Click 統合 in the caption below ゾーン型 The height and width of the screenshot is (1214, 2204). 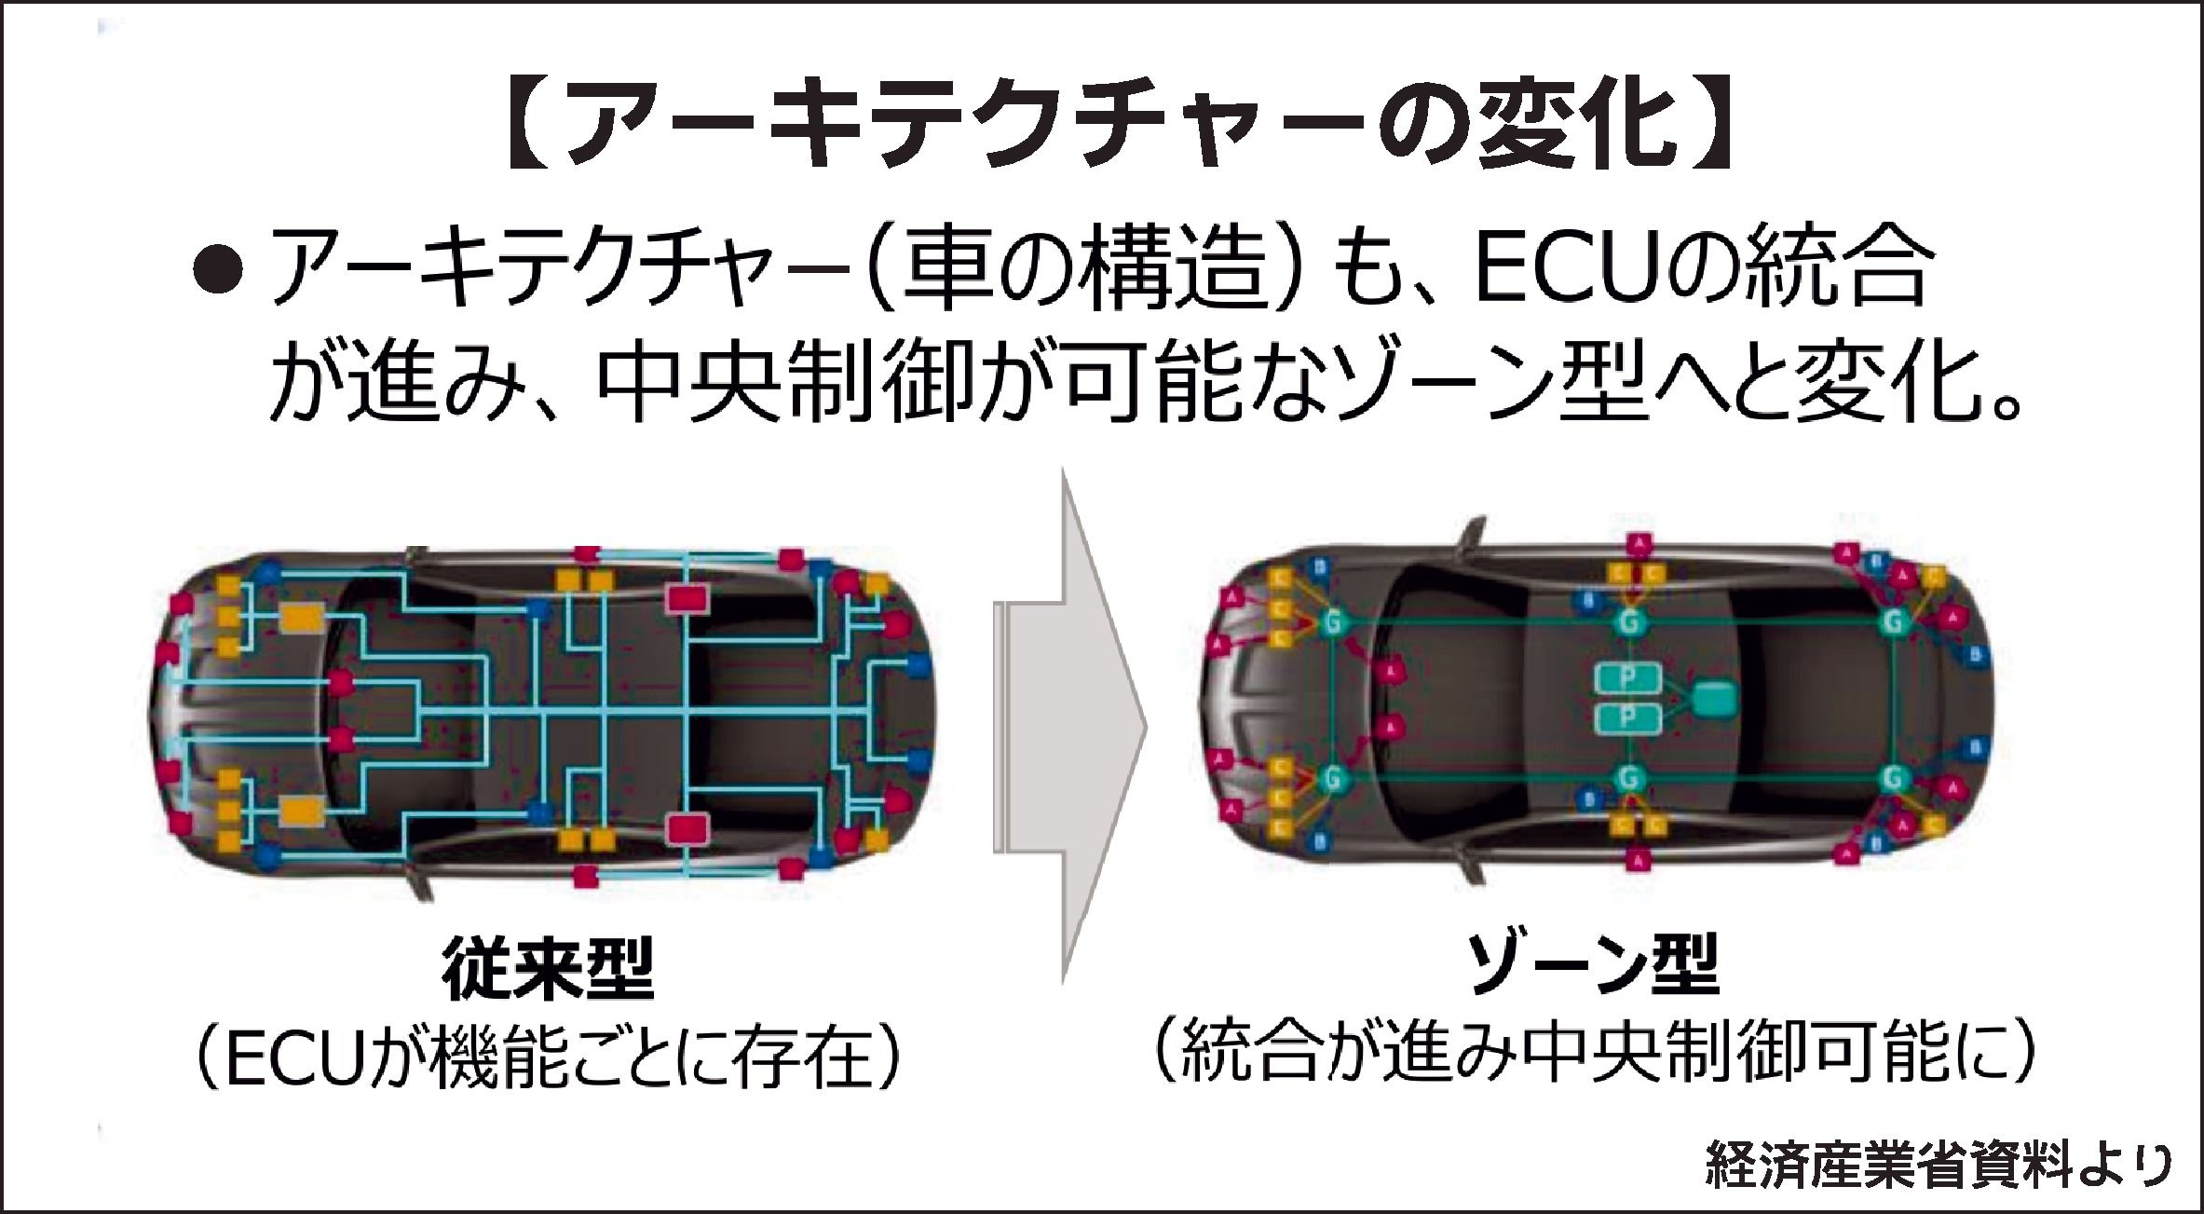point(1253,1057)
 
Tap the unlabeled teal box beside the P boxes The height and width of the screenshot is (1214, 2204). point(1715,698)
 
